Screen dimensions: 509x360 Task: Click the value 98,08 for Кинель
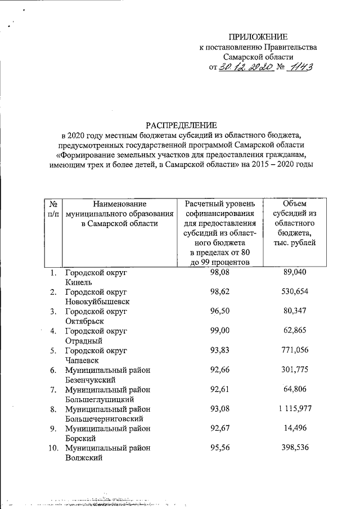[x=220, y=272]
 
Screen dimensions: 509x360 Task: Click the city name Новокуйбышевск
[x=97, y=301]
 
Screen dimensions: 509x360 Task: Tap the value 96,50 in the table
[x=220, y=310]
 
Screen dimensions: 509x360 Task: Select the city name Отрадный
[x=84, y=340]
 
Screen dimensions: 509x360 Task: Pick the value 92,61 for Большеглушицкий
[x=220, y=389]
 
